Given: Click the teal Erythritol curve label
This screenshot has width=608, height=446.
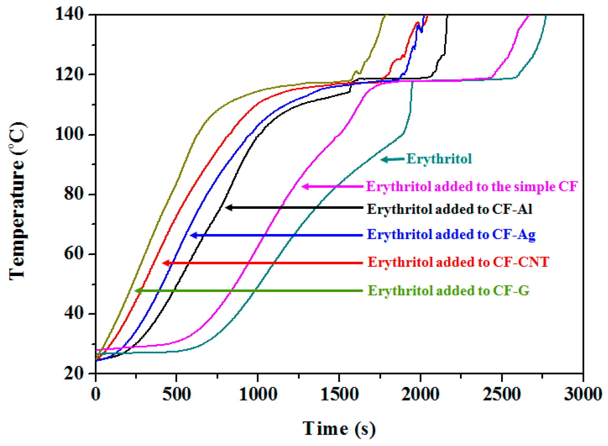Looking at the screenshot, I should click(439, 159).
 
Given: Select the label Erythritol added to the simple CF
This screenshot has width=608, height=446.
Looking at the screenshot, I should click(471, 187).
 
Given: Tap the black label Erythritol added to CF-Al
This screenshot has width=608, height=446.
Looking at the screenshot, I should click(449, 209).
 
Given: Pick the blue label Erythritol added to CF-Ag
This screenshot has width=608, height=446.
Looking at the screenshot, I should click(451, 234).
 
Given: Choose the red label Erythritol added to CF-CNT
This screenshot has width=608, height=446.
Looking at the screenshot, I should click(458, 262).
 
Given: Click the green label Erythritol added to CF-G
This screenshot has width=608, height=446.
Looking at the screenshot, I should click(448, 291).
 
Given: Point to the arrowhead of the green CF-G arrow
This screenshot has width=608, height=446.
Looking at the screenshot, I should click(138, 291).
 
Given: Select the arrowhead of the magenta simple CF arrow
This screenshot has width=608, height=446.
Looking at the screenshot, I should click(305, 187).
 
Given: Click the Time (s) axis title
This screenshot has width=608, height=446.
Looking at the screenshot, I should click(339, 429).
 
